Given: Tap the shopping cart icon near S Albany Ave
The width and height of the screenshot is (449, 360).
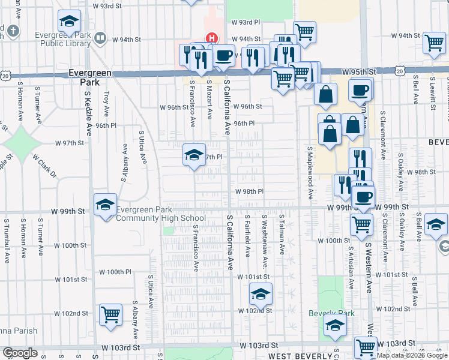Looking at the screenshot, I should [110, 315].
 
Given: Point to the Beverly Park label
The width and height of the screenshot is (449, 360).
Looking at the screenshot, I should [331, 313].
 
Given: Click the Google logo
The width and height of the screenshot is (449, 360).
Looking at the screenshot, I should [20, 353].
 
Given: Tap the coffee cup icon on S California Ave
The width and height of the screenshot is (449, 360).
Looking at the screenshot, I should [223, 56].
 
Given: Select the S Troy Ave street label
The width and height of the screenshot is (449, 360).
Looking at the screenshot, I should [107, 103].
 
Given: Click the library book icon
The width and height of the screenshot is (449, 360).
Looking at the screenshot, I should [101, 39].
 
